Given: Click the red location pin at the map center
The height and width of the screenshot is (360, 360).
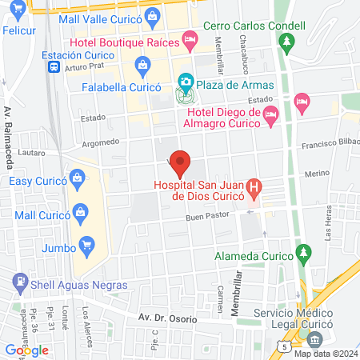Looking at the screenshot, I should coord(181,162).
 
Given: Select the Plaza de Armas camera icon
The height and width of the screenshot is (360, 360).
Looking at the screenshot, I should coord(186,82).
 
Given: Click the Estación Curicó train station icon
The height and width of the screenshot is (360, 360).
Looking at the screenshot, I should coord(53,68).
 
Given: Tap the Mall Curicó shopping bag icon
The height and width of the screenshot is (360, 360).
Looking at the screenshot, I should coord(80,212).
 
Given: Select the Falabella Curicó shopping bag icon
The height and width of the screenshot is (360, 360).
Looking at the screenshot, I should coord(142,63).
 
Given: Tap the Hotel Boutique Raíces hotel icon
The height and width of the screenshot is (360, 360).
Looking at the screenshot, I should coord(190,38).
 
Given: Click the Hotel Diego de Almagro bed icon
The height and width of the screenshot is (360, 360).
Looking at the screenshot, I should coord(270,116).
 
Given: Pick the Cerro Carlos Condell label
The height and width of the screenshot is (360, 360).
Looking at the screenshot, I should coord(254,26).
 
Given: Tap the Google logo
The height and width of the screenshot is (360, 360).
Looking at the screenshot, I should coord(27,350).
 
